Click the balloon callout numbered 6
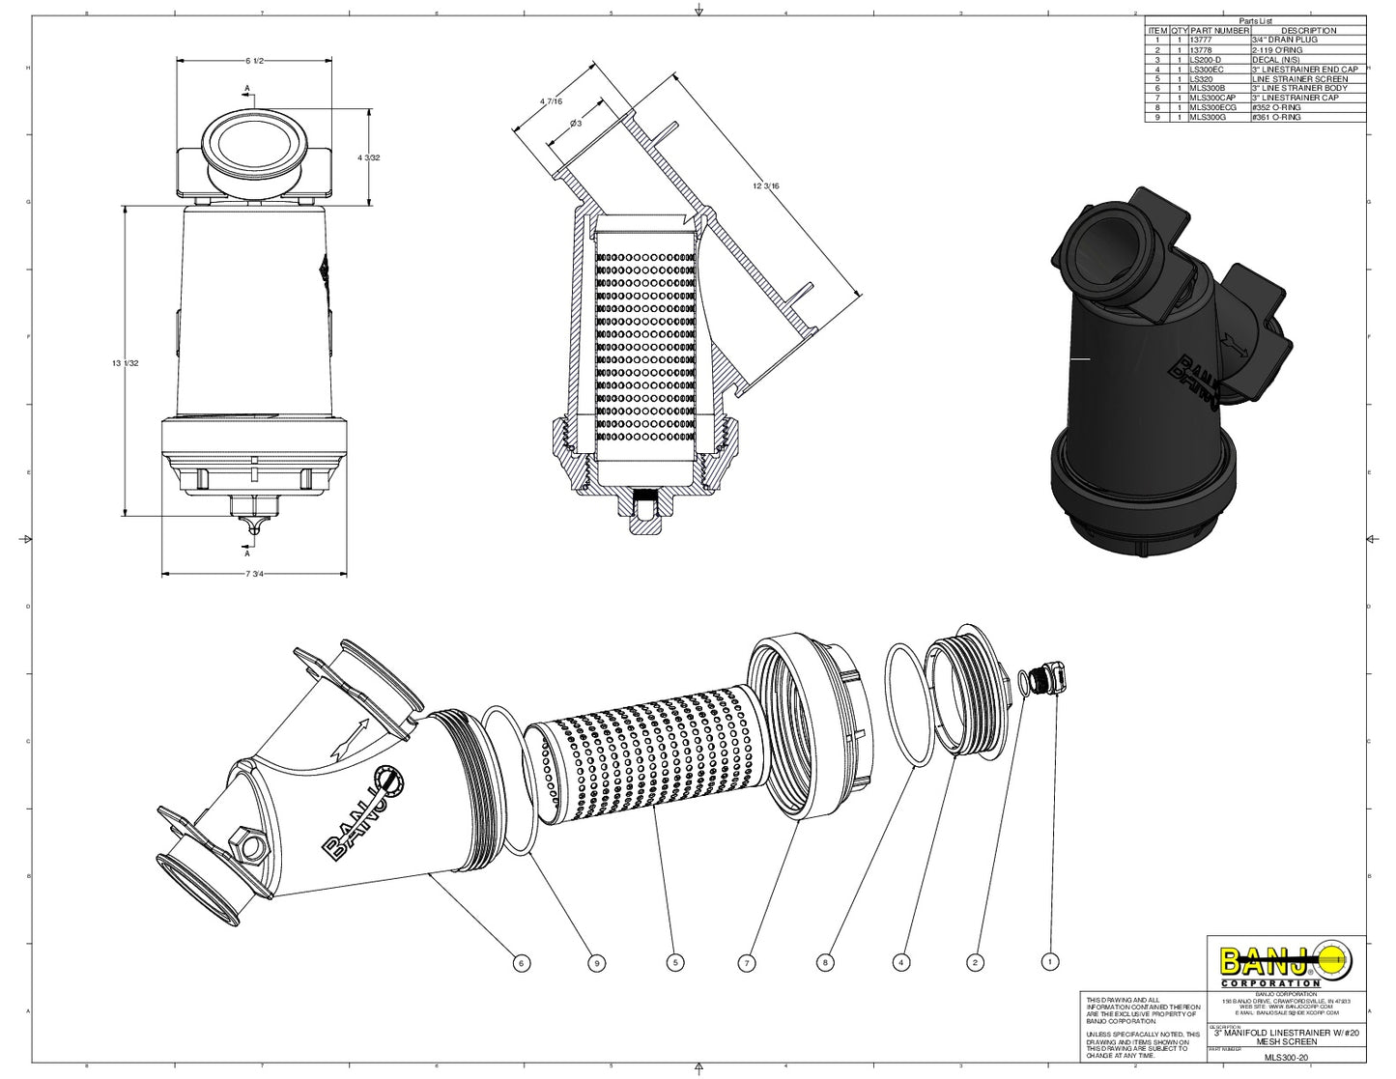[x=521, y=962]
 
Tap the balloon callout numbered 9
[x=596, y=962]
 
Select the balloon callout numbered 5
[x=675, y=962]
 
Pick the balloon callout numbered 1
[x=1050, y=962]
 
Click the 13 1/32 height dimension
[x=127, y=363]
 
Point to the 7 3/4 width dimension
[x=255, y=574]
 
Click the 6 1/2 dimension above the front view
[x=255, y=61]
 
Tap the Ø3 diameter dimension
[x=575, y=123]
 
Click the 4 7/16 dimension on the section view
[x=552, y=100]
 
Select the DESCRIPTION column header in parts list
[x=1308, y=31]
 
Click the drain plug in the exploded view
[x=1047, y=679]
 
